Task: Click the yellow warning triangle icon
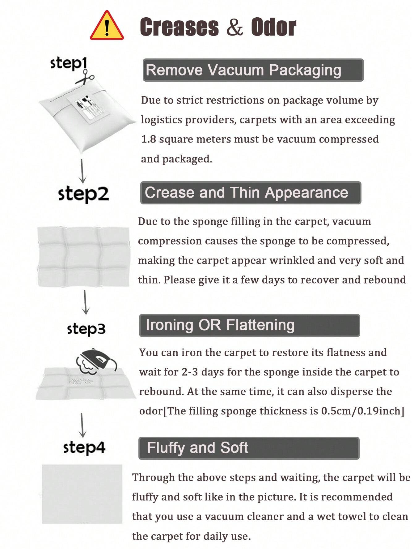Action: pyautogui.click(x=107, y=26)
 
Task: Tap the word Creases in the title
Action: pyautogui.click(x=179, y=27)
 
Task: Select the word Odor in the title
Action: pyautogui.click(x=273, y=27)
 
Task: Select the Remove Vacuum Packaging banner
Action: pyautogui.click(x=253, y=70)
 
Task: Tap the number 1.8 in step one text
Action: pyautogui.click(x=149, y=139)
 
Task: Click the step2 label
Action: pyautogui.click(x=83, y=194)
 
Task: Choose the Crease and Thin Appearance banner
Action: pyautogui.click(x=251, y=193)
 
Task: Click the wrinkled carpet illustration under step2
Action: pyautogui.click(x=83, y=257)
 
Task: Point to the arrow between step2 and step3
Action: pyautogui.click(x=85, y=302)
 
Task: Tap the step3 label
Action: pyautogui.click(x=86, y=329)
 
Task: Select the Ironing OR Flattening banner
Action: pyautogui.click(x=250, y=325)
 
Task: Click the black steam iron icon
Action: pyautogui.click(x=96, y=361)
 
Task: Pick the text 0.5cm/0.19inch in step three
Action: pyautogui.click(x=361, y=411)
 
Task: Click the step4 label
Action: pyautogui.click(x=84, y=447)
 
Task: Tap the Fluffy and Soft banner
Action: pyautogui.click(x=249, y=448)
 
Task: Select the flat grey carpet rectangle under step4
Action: pyautogui.click(x=82, y=494)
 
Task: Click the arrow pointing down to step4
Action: pyautogui.click(x=82, y=425)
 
